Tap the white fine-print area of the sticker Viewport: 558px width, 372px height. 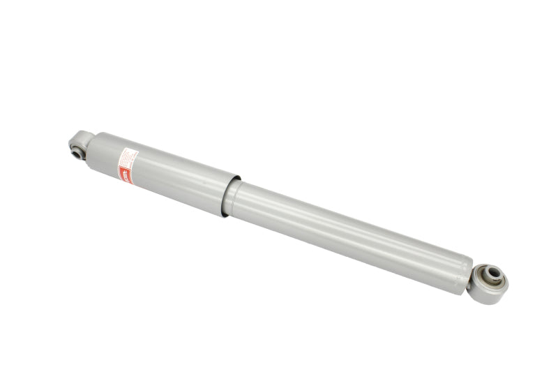click(x=129, y=158)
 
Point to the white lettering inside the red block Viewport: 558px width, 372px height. click(x=126, y=175)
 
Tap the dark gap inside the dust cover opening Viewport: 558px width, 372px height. click(x=229, y=200)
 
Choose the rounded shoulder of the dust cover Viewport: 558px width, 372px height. click(x=94, y=142)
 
